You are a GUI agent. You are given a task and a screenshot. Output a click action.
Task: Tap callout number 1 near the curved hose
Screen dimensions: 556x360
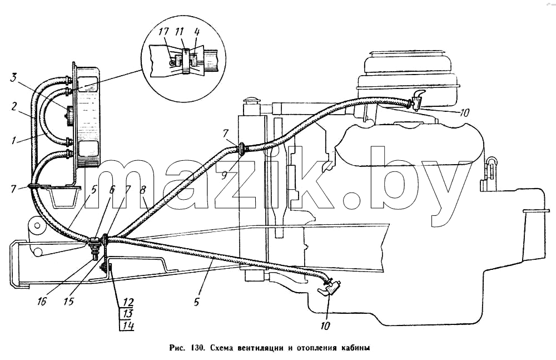point(13,140)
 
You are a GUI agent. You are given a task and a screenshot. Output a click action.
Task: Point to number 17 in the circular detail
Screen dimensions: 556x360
point(164,32)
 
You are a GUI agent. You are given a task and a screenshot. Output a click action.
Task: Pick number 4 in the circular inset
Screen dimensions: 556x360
point(197,32)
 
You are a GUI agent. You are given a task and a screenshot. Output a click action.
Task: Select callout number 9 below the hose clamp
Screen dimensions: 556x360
point(225,175)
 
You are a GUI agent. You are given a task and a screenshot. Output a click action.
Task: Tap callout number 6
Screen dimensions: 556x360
point(112,189)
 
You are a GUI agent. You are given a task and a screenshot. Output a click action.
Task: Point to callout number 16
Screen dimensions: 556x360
point(42,302)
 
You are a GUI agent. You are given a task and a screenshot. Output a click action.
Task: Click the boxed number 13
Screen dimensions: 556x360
point(127,314)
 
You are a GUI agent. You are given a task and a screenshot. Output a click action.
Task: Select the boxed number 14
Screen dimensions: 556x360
point(127,325)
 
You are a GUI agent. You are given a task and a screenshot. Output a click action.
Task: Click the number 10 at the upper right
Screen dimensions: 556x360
point(464,113)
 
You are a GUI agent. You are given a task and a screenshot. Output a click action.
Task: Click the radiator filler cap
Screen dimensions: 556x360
point(251,101)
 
